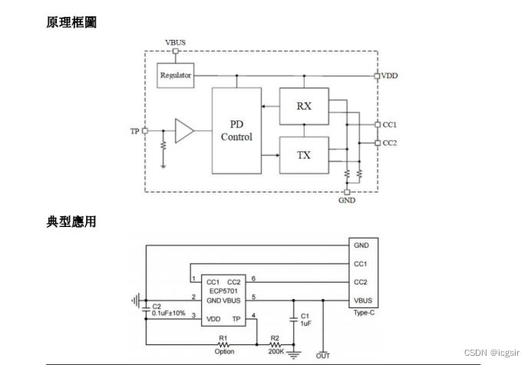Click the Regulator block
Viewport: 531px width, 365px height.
pos(175,75)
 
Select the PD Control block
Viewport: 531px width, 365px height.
pos(236,130)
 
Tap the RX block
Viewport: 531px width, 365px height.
pos(304,106)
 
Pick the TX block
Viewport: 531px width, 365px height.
pos(304,155)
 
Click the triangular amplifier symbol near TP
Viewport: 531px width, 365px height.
pos(183,131)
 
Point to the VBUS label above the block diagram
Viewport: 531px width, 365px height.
pos(175,41)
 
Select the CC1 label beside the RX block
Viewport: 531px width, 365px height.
pos(390,124)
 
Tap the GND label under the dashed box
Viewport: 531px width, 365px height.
pos(347,202)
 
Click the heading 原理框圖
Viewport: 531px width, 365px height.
pos(72,22)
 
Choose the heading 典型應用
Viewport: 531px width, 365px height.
pos(72,222)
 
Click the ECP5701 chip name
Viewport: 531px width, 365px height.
pos(223,293)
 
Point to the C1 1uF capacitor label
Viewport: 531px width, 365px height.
pos(305,320)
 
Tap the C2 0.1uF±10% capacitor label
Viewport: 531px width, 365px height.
pos(169,310)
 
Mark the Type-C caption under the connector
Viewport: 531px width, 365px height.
pos(364,314)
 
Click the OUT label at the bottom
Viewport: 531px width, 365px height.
pos(323,356)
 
